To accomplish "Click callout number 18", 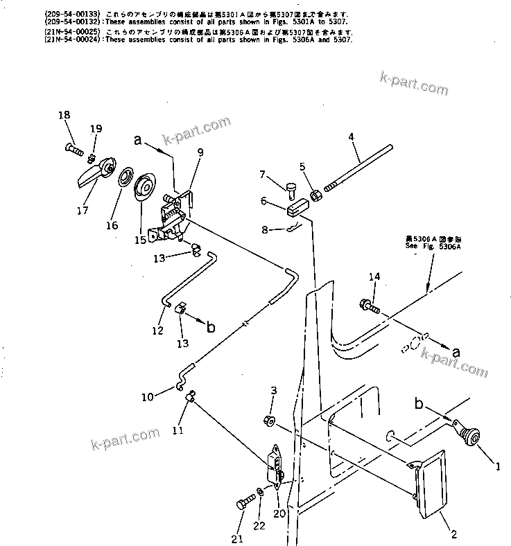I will coord(64,115).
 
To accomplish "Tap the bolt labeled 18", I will coord(76,148).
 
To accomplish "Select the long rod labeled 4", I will coord(360,164).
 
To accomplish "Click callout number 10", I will coord(148,396).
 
